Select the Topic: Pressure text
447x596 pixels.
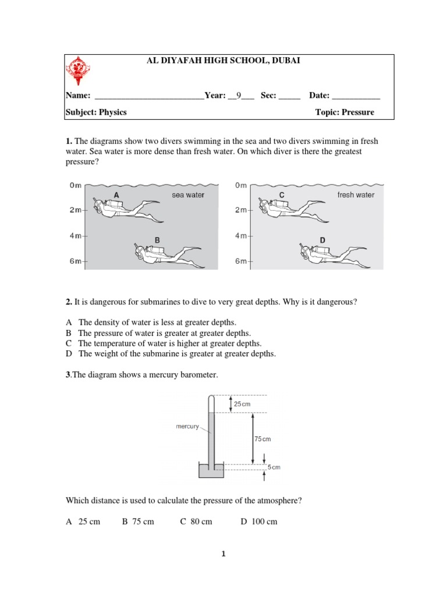point(345,112)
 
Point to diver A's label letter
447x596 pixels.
point(116,195)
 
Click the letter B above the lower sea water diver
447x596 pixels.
point(157,239)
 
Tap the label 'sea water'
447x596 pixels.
point(187,195)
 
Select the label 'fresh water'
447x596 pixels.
point(356,195)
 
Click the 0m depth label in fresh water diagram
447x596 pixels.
point(241,186)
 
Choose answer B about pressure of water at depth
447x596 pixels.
point(165,333)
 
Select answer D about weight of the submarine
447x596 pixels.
point(177,353)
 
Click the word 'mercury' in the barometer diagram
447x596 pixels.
point(187,427)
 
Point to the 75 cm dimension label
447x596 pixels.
point(262,439)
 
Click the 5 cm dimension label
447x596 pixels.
point(274,467)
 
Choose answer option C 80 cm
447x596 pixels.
point(196,521)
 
